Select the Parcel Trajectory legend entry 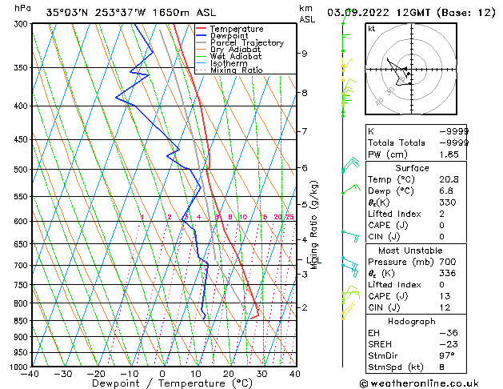[x=246, y=43]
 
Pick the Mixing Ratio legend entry [x=236, y=70]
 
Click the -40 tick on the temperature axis [x=30, y=374]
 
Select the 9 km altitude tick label [x=304, y=54]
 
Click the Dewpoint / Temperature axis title [x=161, y=383]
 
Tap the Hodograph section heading [x=412, y=321]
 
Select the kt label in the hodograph [x=372, y=29]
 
